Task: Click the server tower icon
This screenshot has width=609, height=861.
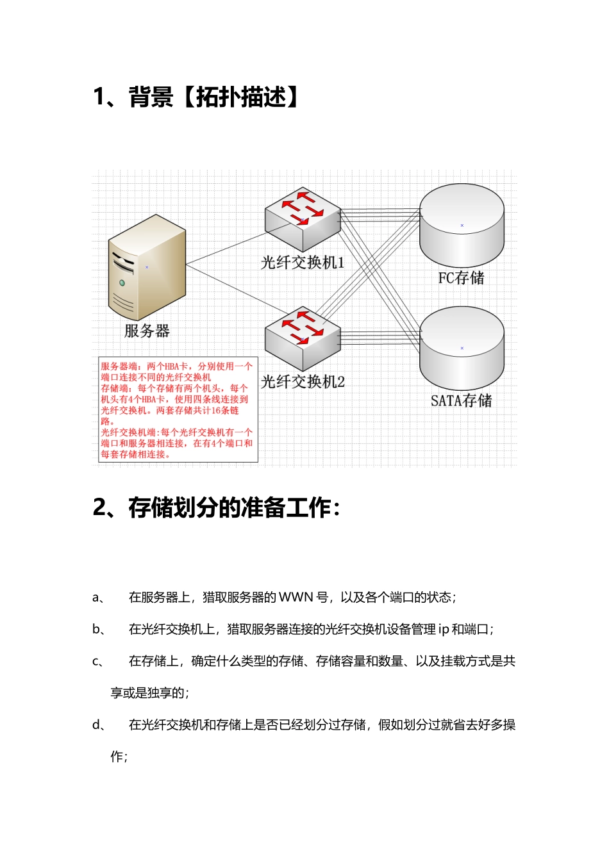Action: click(147, 267)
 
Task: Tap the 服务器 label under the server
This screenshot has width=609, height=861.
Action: click(147, 331)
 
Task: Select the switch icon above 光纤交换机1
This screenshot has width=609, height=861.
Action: click(303, 220)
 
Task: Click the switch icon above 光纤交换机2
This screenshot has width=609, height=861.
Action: click(303, 338)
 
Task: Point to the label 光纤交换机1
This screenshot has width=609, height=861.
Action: click(303, 263)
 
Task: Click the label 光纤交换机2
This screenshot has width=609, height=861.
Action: click(303, 382)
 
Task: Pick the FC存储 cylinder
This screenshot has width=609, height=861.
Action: click(462, 225)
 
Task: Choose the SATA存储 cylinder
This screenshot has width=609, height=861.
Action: click(462, 348)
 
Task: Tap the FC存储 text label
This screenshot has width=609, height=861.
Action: click(462, 278)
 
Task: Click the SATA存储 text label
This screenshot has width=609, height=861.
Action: click(462, 401)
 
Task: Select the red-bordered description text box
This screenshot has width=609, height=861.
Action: click(178, 410)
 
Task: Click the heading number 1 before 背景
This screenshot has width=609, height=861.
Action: click(99, 97)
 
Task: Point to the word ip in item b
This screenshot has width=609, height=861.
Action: click(444, 630)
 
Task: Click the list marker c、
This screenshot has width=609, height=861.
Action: click(98, 661)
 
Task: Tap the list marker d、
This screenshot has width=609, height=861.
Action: click(98, 725)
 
